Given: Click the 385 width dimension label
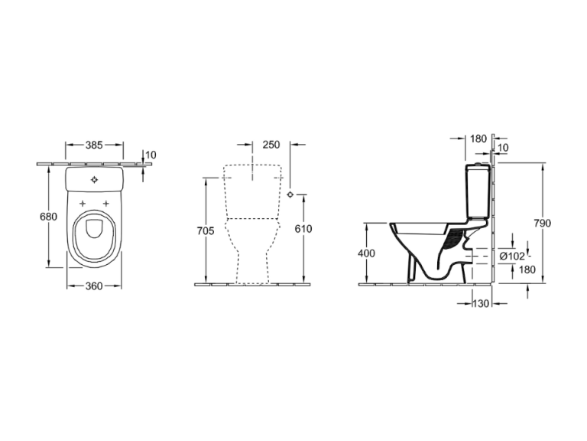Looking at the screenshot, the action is click(x=94, y=145).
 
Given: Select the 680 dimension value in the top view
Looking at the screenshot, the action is click(x=49, y=217).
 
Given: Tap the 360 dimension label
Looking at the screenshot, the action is click(x=94, y=286).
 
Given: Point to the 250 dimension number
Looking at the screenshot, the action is click(x=271, y=145).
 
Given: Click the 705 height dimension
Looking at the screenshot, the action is click(x=206, y=230).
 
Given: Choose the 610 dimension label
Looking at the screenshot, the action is click(x=303, y=228).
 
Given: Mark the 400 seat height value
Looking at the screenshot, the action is click(x=366, y=253).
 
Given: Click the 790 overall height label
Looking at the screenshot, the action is click(x=543, y=223).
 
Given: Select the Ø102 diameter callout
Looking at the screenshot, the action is click(x=512, y=256).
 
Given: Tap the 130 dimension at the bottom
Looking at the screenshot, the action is click(x=481, y=303).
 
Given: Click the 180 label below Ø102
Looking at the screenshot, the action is click(x=527, y=269).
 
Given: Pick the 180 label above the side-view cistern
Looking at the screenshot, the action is click(x=478, y=139).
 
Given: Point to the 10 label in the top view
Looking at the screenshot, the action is click(x=151, y=155).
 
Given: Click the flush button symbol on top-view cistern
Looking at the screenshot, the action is click(x=94, y=180).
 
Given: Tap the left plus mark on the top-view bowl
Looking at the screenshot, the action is click(x=83, y=204).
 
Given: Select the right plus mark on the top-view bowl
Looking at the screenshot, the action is click(x=106, y=204).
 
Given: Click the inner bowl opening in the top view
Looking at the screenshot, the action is click(x=94, y=228).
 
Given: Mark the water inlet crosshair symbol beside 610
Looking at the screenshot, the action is click(x=290, y=194).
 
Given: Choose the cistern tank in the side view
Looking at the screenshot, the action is click(x=478, y=191).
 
